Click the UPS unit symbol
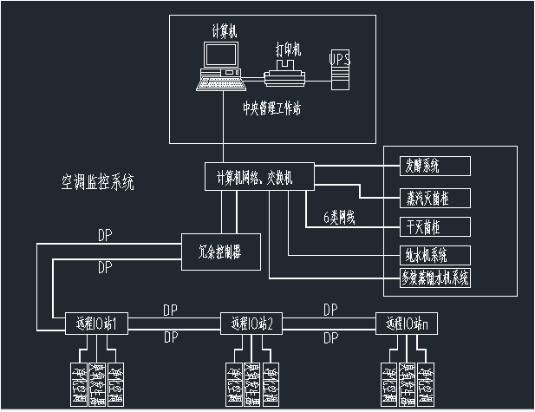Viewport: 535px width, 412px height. click(x=341, y=69)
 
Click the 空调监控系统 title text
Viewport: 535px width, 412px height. click(x=97, y=182)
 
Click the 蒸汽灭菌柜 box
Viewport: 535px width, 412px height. click(x=424, y=197)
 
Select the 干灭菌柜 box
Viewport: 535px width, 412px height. click(x=424, y=227)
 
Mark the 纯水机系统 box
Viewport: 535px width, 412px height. click(x=424, y=256)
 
